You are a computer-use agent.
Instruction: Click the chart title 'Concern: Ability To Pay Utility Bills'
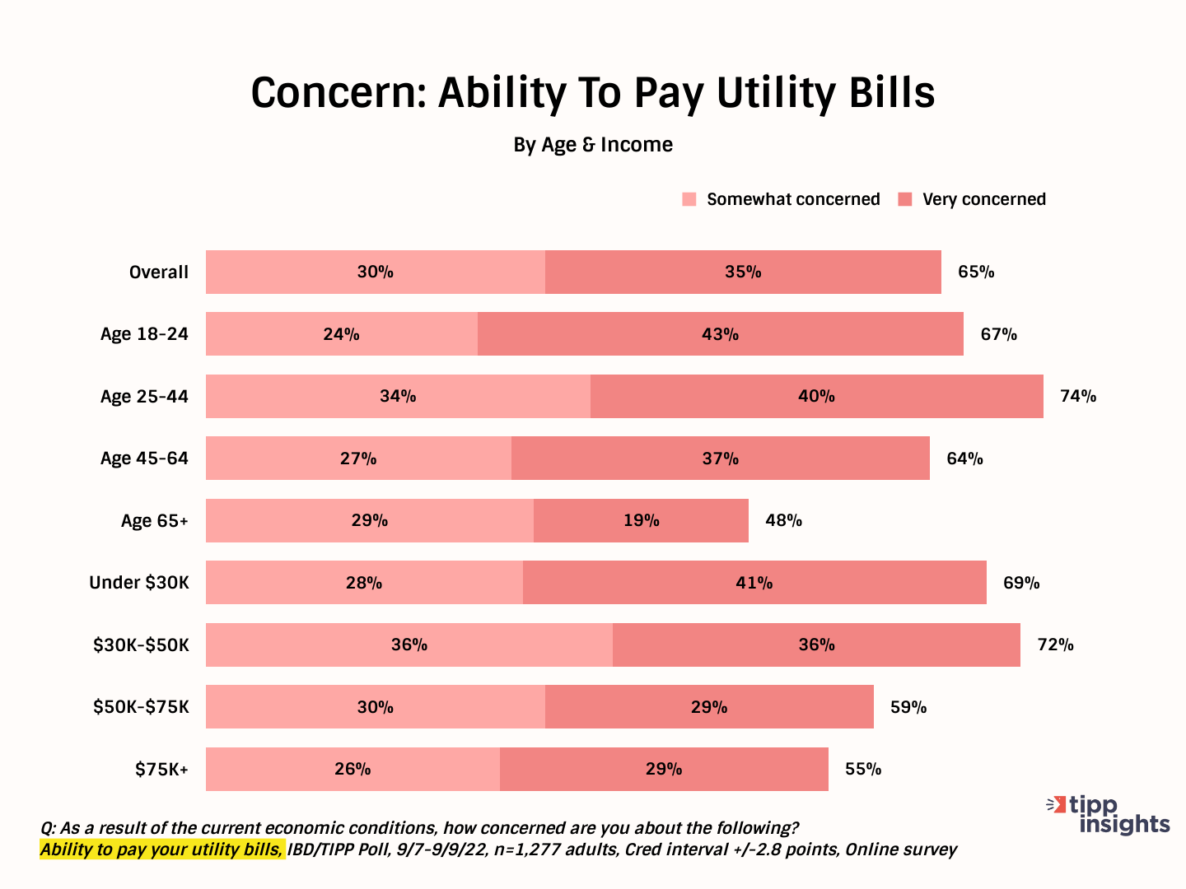(x=592, y=92)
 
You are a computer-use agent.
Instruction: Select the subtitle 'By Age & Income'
(x=592, y=145)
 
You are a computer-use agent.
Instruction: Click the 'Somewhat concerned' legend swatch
(x=689, y=199)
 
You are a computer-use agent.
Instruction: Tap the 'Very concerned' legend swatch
(x=905, y=199)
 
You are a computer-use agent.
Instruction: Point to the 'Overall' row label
(x=158, y=272)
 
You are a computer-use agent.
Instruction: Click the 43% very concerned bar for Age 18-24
(x=720, y=334)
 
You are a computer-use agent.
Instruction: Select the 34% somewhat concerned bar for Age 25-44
(x=398, y=396)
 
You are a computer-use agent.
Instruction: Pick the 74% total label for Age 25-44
(x=1077, y=396)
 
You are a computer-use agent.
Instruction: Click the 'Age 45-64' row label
(x=144, y=458)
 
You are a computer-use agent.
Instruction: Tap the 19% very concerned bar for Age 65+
(x=641, y=520)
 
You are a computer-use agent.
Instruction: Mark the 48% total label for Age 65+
(x=783, y=520)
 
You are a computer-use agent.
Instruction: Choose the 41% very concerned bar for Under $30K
(x=754, y=583)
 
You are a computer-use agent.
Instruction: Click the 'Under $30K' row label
(x=138, y=583)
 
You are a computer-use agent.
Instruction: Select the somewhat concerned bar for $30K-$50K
(x=409, y=645)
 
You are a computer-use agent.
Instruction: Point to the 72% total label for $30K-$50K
(x=1055, y=645)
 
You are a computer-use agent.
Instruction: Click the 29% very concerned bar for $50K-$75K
(x=708, y=707)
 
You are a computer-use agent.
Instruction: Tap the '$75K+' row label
(x=161, y=770)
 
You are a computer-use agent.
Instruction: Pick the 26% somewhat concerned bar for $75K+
(x=353, y=769)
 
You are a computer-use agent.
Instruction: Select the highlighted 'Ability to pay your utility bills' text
(x=161, y=849)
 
